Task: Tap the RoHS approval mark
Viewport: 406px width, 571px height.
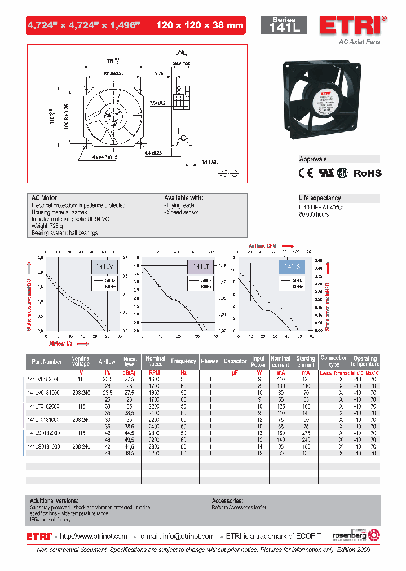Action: click(367, 173)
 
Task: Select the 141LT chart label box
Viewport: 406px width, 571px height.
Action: click(200, 267)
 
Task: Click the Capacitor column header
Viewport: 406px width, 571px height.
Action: click(235, 361)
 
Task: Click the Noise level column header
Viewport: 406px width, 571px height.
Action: click(130, 361)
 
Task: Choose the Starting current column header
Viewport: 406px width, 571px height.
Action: click(306, 361)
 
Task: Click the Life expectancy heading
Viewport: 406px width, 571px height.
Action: click(320, 198)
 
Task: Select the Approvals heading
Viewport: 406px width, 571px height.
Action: click(313, 159)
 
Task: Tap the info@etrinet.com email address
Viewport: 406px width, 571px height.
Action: click(186, 536)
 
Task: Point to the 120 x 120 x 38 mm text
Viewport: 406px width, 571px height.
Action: click(200, 25)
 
